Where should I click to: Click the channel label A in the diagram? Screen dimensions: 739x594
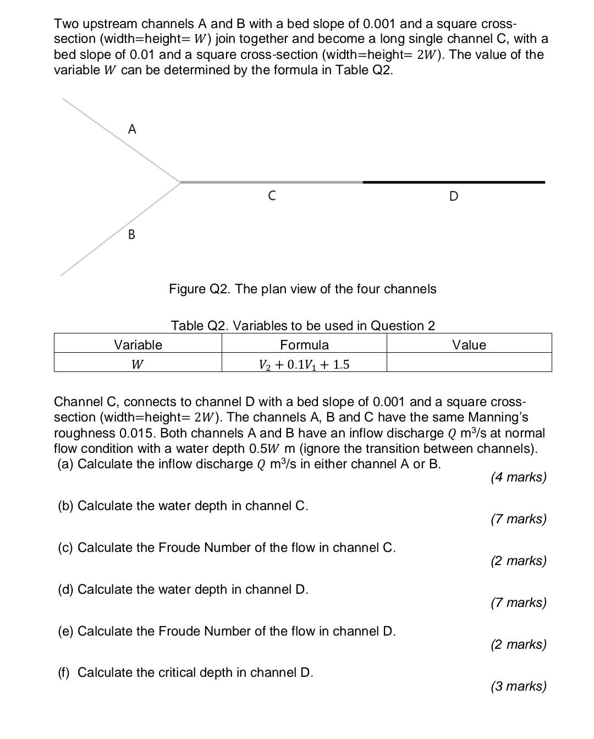(x=132, y=129)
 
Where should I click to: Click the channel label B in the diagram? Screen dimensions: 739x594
(x=131, y=234)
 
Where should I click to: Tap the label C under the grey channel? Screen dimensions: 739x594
(x=272, y=195)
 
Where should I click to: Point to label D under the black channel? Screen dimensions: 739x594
(x=453, y=196)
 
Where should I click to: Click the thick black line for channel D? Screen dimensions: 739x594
(x=454, y=182)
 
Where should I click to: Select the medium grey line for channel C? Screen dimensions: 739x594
(x=271, y=182)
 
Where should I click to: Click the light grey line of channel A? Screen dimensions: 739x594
(x=121, y=140)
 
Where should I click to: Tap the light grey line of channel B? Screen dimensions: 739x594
(x=121, y=228)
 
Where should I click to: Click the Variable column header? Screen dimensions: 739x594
(x=138, y=345)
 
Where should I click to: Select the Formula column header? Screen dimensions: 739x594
(x=304, y=345)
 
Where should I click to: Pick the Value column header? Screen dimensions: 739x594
(x=469, y=345)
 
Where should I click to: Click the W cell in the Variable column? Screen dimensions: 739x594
(x=138, y=364)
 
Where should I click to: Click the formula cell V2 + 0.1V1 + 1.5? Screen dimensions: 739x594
(x=304, y=364)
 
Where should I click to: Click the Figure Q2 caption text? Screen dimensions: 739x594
(x=302, y=289)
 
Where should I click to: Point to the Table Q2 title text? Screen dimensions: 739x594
(x=303, y=326)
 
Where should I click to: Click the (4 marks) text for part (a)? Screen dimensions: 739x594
(x=519, y=477)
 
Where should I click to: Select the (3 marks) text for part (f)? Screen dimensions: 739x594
(x=519, y=686)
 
